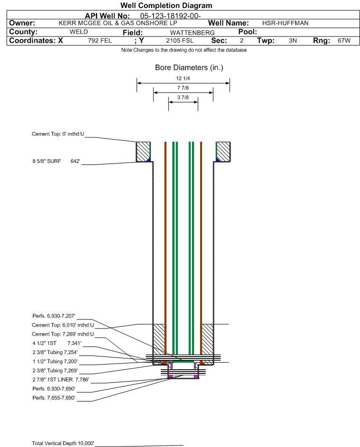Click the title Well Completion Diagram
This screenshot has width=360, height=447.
coord(166,6)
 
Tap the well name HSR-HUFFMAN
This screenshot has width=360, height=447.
coord(286,23)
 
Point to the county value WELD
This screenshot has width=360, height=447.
coord(79,32)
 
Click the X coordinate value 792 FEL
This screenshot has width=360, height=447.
coord(100,41)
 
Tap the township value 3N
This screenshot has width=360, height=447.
coord(293,41)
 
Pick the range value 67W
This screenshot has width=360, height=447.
coord(344,41)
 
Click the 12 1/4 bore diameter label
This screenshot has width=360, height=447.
coord(183,78)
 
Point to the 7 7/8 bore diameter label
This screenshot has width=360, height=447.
coord(183,88)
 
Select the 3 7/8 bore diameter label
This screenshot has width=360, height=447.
coord(183,98)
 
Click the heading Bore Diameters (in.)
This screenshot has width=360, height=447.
coord(189,68)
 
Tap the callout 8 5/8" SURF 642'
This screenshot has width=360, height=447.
coord(55,162)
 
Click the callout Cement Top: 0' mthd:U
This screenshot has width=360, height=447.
coord(58,134)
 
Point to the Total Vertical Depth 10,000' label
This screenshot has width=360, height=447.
coord(63,443)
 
